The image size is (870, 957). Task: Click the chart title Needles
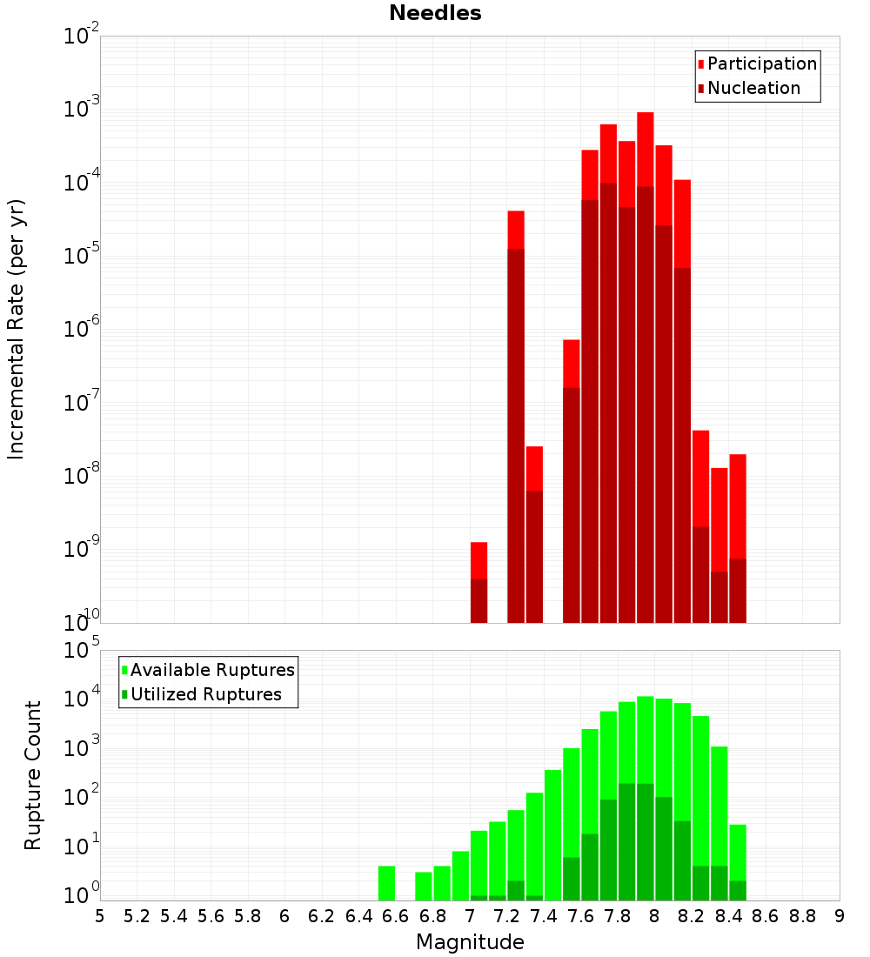point(435,13)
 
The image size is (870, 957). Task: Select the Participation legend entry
point(761,64)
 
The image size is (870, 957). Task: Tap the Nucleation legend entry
point(753,89)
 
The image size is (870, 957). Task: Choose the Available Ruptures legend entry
point(211,670)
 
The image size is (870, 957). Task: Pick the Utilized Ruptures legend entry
point(205,694)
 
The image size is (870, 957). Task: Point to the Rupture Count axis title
point(33,775)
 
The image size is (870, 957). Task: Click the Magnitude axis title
point(470,942)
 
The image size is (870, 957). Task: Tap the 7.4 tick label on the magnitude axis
point(544,916)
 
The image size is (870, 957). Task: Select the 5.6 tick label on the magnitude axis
point(211,916)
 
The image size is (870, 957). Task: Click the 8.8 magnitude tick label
point(802,916)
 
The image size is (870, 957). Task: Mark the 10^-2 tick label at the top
point(82,37)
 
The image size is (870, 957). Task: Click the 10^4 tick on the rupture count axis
point(82,698)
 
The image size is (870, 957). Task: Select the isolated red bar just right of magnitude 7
point(478,561)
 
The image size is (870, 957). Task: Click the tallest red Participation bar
point(645,148)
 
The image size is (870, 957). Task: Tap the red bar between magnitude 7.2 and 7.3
point(516,230)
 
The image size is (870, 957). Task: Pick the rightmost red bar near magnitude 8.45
point(738,505)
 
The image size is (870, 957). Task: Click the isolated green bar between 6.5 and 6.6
point(386,883)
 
